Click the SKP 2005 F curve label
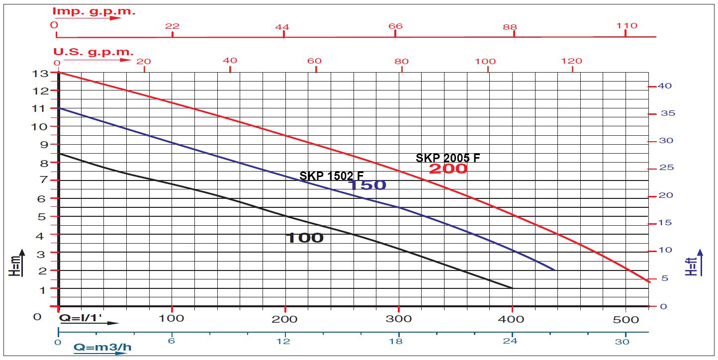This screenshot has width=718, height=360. [x=448, y=158]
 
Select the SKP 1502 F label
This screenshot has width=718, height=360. [x=331, y=176]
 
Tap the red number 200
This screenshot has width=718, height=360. [x=448, y=169]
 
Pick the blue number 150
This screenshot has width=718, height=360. [x=366, y=185]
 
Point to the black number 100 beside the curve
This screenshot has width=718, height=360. [x=304, y=238]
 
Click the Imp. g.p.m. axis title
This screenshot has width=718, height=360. [x=94, y=11]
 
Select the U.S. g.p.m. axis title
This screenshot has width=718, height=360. [x=93, y=52]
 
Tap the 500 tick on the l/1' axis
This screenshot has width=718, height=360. [x=625, y=319]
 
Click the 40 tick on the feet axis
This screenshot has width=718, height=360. [x=665, y=86]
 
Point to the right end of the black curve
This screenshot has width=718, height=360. [x=512, y=288]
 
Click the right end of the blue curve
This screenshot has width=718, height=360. [x=555, y=270]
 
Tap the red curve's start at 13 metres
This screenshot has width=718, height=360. [x=59, y=73]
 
